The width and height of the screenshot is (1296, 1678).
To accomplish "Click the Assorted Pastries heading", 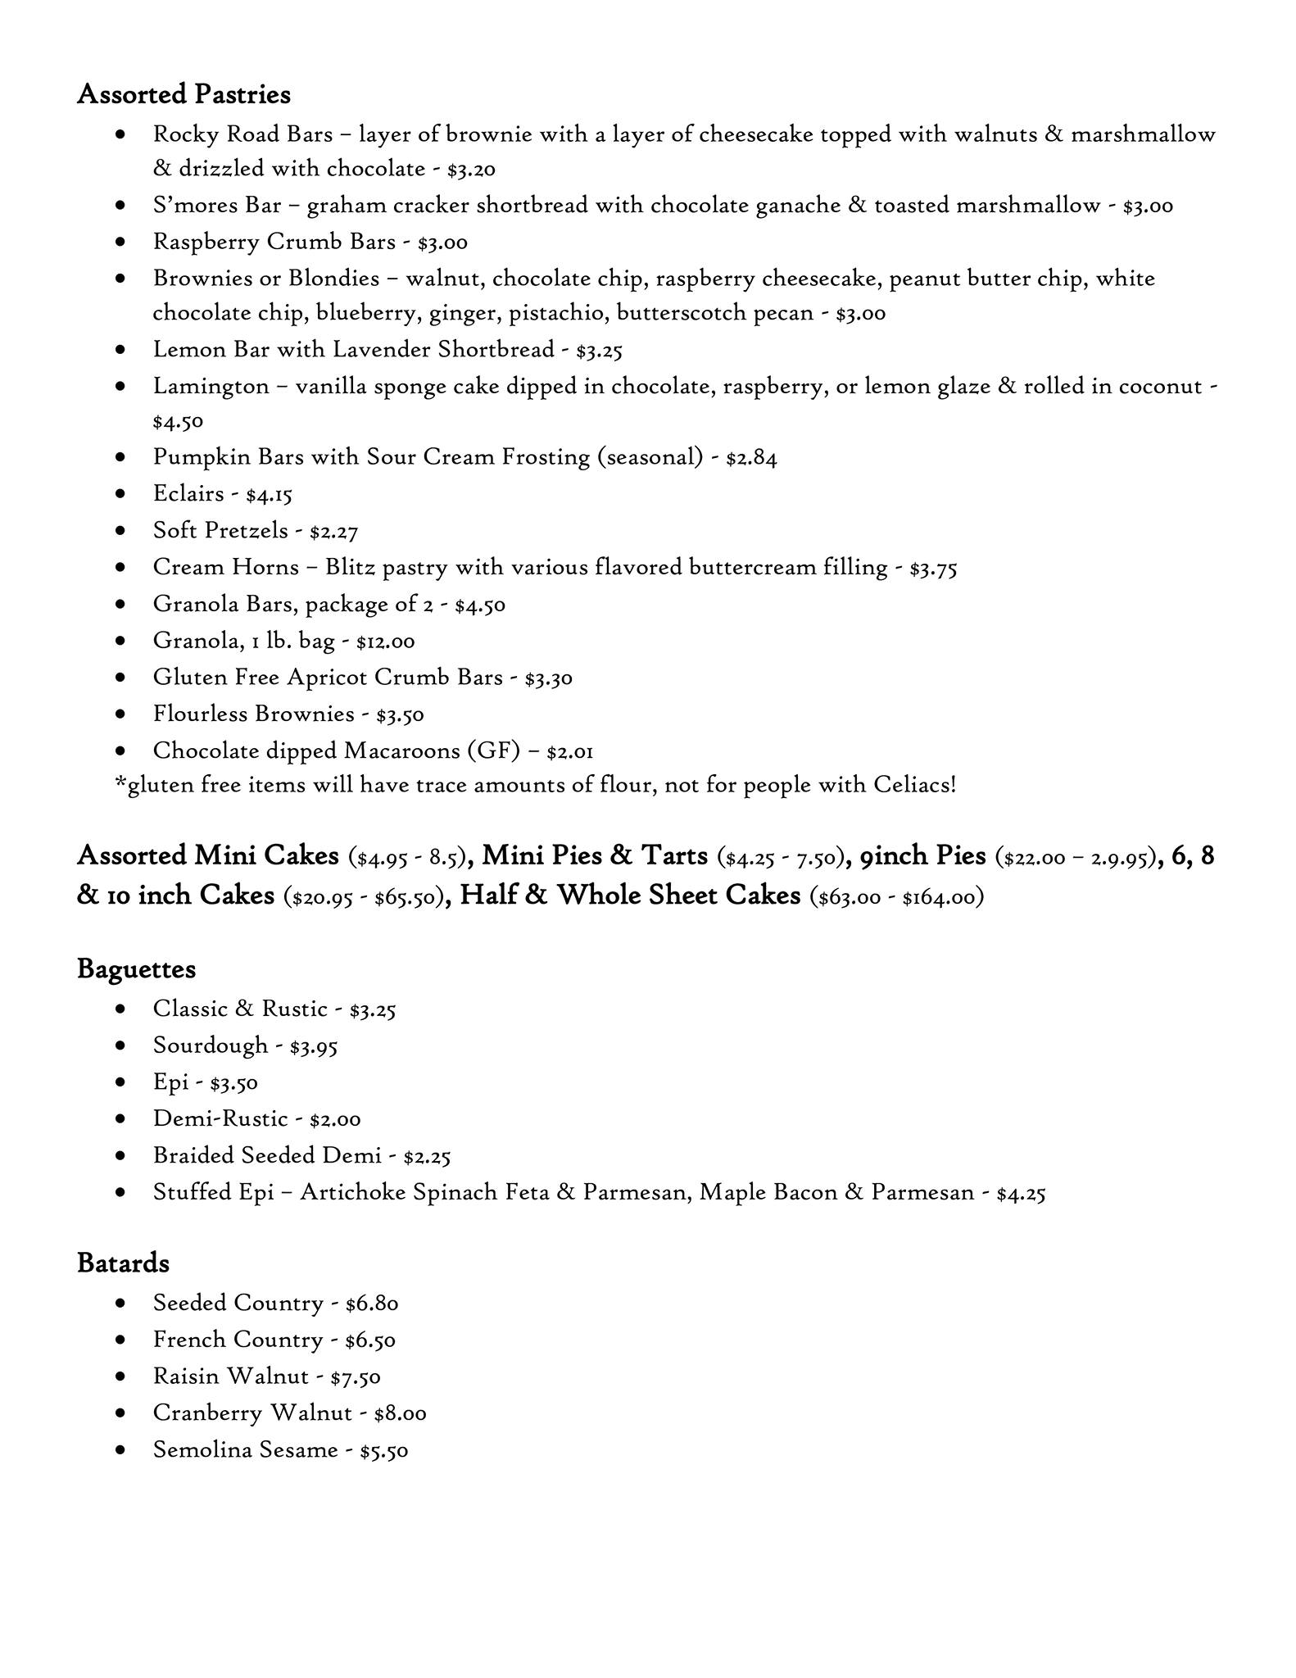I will point(184,94).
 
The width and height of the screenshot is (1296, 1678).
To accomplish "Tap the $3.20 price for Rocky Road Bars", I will point(471,170).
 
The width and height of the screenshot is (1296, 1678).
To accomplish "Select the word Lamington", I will point(211,386).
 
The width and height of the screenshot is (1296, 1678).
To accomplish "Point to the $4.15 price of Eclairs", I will point(269,494).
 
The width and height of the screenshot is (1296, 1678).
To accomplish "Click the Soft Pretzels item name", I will point(220,530).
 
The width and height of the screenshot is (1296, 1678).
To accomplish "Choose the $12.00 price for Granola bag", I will point(385,641).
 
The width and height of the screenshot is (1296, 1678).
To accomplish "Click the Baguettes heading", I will point(136,968).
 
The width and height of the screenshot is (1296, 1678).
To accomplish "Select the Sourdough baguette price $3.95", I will point(314,1045).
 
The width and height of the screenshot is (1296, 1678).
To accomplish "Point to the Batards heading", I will point(123,1263).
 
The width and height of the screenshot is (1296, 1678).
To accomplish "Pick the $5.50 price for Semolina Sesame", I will point(384,1450).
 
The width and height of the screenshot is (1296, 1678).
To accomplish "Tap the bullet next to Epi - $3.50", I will point(121,1082).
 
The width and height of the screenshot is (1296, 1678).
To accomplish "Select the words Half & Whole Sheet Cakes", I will point(630,895).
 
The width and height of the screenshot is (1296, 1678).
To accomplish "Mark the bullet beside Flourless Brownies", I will point(121,714).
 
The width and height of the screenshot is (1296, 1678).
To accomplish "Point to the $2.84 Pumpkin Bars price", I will point(751,457).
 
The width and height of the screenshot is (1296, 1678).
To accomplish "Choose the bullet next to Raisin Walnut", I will point(121,1376).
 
